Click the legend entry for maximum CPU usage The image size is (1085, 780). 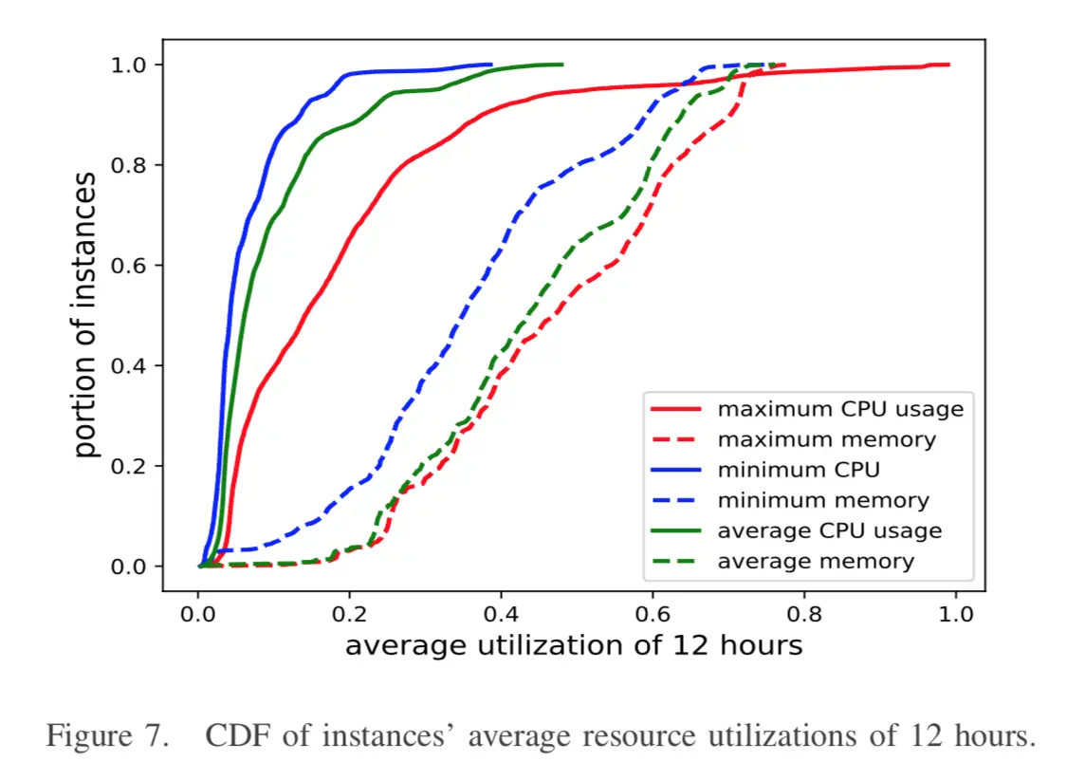(x=839, y=409)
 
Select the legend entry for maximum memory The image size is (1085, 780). (x=826, y=439)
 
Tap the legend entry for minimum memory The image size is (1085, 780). (x=823, y=500)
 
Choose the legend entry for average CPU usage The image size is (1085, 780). (x=829, y=530)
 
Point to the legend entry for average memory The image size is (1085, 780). (x=816, y=561)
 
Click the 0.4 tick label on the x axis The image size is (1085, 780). (x=501, y=613)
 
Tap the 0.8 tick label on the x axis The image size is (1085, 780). (x=804, y=613)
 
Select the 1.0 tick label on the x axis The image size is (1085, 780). (x=955, y=613)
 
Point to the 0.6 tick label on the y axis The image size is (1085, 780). (x=129, y=266)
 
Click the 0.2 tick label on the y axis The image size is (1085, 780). (x=129, y=466)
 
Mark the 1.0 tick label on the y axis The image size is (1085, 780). (x=129, y=65)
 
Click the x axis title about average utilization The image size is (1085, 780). (x=573, y=646)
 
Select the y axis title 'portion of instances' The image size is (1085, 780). (x=86, y=315)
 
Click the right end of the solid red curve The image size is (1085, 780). (x=948, y=65)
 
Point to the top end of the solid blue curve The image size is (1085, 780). (x=491, y=65)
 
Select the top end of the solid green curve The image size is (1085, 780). (x=562, y=65)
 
